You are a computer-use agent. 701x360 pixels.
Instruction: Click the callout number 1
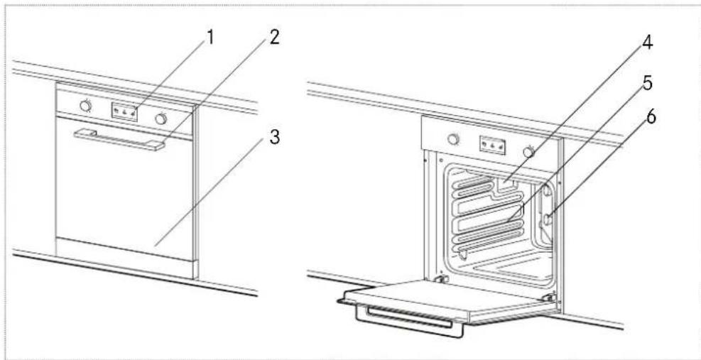coord(209,38)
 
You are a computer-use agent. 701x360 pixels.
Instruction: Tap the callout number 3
coord(272,138)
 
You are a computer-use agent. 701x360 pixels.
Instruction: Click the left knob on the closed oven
coord(86,106)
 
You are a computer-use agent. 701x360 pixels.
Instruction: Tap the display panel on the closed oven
coord(124,111)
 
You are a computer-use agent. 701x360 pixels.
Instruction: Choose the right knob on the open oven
coord(528,151)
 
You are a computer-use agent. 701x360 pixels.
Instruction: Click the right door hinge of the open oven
coord(548,297)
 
